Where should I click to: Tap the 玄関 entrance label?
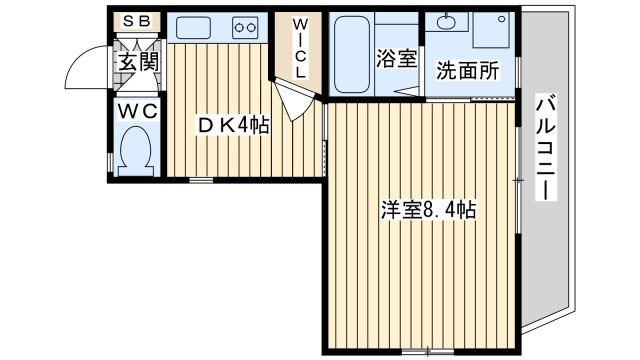point(137,63)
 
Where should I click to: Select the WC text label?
point(137,111)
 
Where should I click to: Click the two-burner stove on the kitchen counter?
point(244,27)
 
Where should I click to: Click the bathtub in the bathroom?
point(351,54)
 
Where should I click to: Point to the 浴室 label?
point(397,59)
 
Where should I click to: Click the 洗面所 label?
point(467,72)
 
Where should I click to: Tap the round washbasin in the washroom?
point(445,23)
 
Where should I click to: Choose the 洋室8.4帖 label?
point(427,211)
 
